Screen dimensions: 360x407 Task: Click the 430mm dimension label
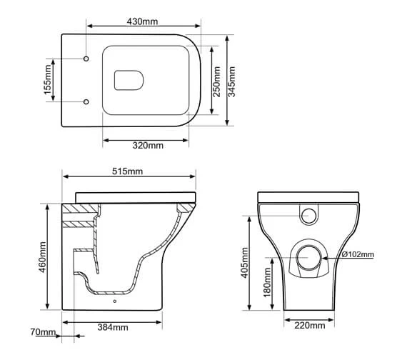143,22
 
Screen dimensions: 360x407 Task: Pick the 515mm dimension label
128,171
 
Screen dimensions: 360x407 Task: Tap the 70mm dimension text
42,332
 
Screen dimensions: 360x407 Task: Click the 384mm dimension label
112,328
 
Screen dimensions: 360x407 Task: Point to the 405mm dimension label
245,264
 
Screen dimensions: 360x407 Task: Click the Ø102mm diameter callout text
358,254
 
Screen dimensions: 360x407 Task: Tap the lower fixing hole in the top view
86,101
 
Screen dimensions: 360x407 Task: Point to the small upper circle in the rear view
310,214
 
